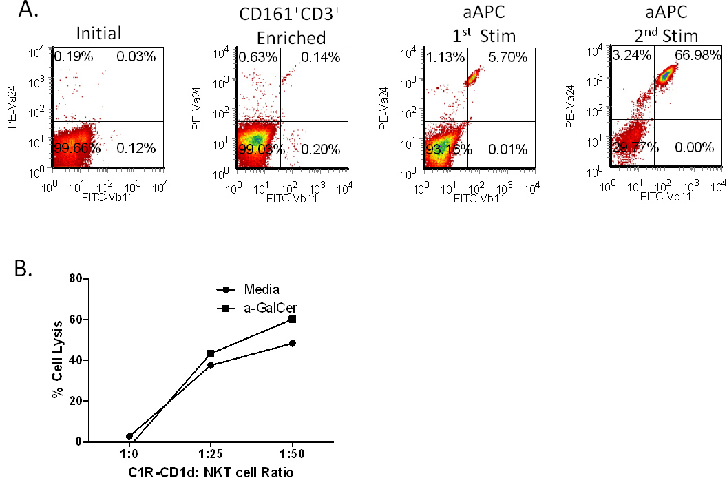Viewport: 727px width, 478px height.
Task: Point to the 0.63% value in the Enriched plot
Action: pos(257,57)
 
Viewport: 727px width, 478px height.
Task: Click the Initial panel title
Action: pos(99,32)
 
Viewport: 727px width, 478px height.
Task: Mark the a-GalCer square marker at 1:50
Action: pos(293,319)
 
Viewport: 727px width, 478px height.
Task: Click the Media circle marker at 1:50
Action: pos(293,343)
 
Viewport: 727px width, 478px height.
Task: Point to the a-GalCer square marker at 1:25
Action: pos(211,353)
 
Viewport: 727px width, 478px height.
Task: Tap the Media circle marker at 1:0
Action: pos(129,437)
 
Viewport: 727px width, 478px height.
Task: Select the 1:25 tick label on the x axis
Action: pos(211,457)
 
